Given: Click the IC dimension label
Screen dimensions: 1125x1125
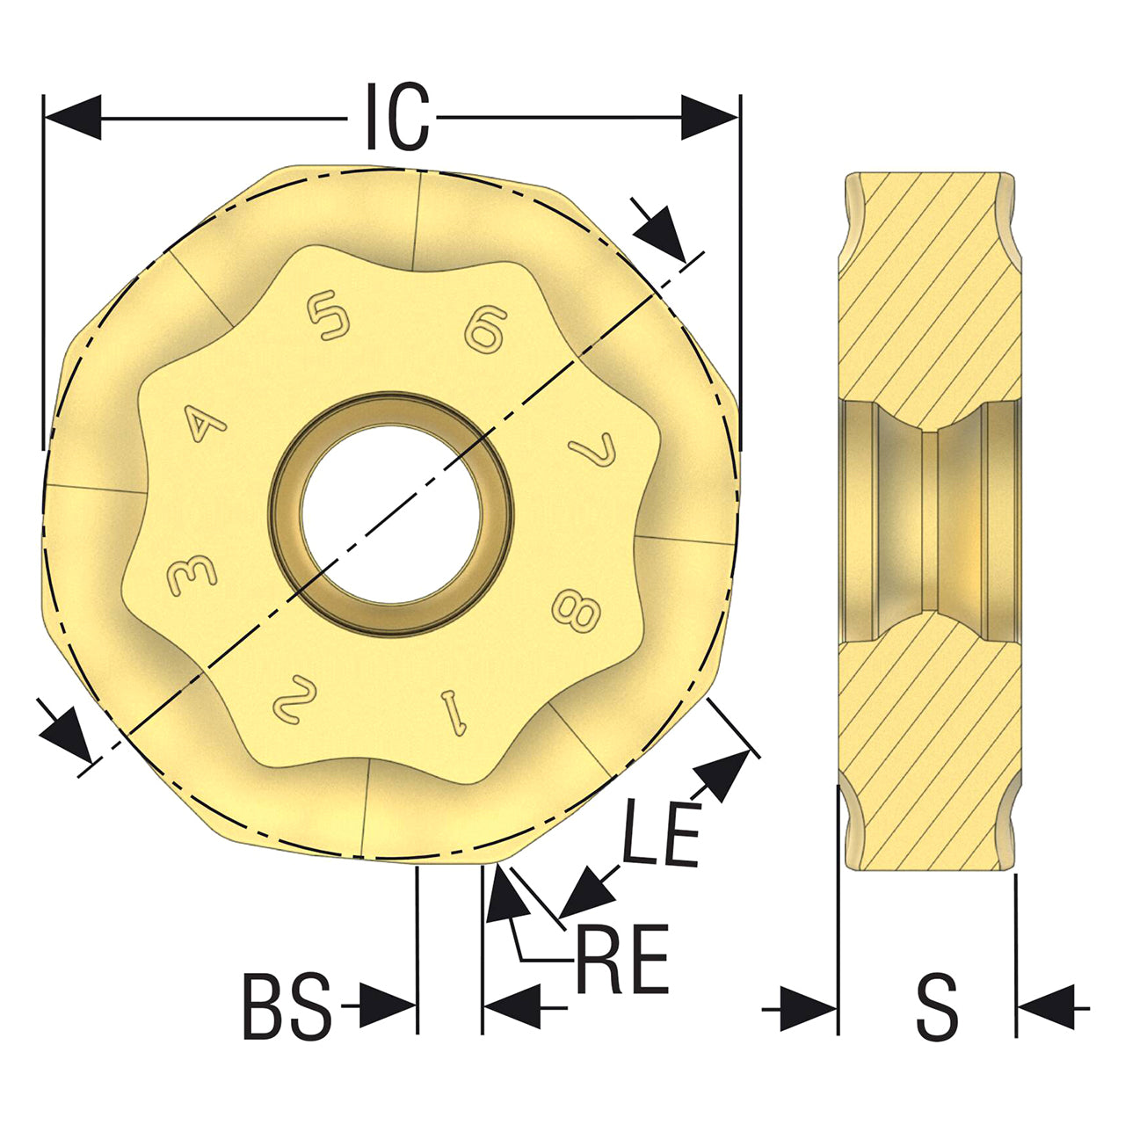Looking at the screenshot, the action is click(397, 117).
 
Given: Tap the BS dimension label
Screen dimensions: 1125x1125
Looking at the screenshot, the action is click(287, 1006).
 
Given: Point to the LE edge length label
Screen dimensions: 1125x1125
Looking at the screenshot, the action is click(661, 833).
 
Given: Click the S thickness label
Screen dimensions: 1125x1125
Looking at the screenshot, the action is click(937, 1006).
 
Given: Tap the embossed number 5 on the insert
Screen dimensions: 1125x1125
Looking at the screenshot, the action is click(329, 316).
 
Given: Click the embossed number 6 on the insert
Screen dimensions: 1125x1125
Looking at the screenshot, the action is click(484, 330).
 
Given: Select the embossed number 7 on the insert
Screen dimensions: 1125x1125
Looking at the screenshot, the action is click(593, 448).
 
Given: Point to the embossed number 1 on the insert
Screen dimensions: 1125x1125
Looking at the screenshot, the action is click(454, 713).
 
